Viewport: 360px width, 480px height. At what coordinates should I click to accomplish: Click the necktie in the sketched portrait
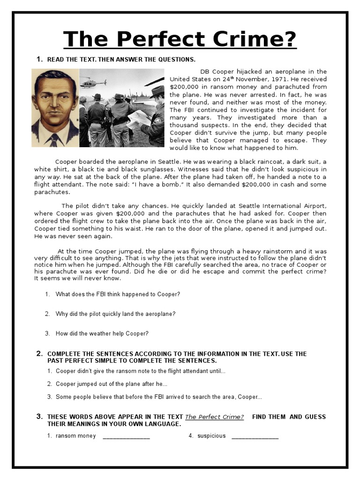pyautogui.click(x=54, y=139)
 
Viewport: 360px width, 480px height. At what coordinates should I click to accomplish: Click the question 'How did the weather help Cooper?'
pyautogui.click(x=102, y=334)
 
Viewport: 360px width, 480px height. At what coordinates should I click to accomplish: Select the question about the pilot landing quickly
pyautogui.click(x=115, y=314)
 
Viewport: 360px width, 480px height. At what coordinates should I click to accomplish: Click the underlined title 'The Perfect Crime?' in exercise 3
pyautogui.click(x=214, y=417)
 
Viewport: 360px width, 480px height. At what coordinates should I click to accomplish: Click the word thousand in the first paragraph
pyautogui.click(x=185, y=125)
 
